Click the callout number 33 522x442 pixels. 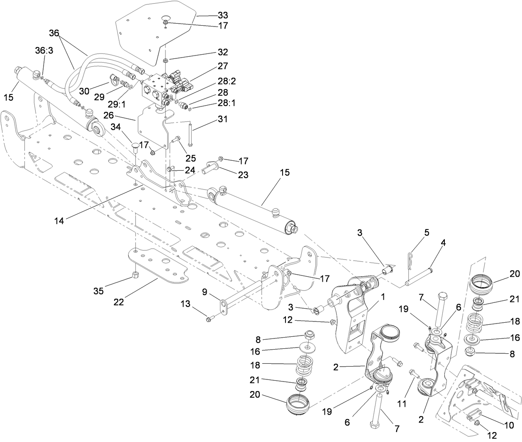tap(223, 16)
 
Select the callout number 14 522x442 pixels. tap(59, 221)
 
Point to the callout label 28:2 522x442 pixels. tap(227, 81)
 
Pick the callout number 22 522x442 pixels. tap(119, 291)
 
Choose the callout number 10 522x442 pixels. tap(508, 425)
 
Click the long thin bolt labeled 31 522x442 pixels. tap(190, 133)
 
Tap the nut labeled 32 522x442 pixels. tap(165, 61)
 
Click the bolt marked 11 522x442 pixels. tap(413, 374)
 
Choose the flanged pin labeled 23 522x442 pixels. tap(210, 168)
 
